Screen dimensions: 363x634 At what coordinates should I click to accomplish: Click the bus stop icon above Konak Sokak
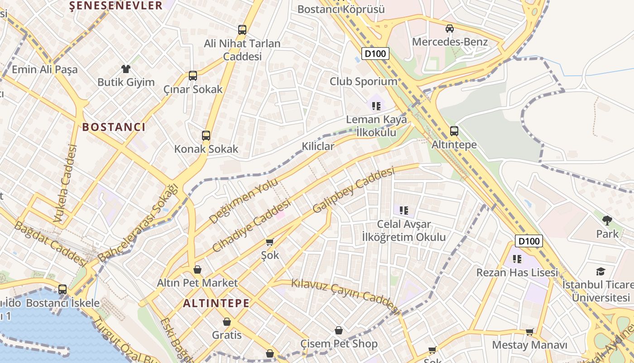pyautogui.click(x=206, y=136)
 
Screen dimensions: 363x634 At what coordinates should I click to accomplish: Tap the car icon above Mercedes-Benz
pyautogui.click(x=449, y=29)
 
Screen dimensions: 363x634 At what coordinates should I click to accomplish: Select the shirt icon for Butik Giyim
pyautogui.click(x=125, y=69)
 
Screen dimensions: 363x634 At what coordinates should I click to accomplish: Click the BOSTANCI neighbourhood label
pyautogui.click(x=114, y=127)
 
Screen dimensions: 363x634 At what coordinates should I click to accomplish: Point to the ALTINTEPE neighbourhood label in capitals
pyautogui.click(x=216, y=304)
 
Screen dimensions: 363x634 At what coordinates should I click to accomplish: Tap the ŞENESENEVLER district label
pyautogui.click(x=116, y=5)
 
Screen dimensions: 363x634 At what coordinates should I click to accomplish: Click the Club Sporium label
pyautogui.click(x=363, y=82)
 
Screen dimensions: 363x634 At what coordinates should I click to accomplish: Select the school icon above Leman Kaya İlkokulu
pyautogui.click(x=376, y=106)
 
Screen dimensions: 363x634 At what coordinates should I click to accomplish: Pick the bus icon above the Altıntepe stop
pyautogui.click(x=454, y=131)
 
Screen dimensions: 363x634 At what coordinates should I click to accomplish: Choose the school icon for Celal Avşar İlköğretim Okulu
pyautogui.click(x=404, y=211)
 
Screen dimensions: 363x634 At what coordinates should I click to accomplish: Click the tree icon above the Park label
pyautogui.click(x=607, y=221)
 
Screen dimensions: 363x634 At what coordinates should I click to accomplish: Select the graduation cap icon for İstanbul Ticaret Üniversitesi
pyautogui.click(x=600, y=271)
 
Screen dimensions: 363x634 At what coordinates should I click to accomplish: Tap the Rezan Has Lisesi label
pyautogui.click(x=517, y=273)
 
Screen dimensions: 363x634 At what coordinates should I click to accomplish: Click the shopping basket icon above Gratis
pyautogui.click(x=227, y=322)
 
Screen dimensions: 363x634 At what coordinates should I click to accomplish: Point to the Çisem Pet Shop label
pyautogui.click(x=339, y=344)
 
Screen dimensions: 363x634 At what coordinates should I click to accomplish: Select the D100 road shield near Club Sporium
pyautogui.click(x=375, y=54)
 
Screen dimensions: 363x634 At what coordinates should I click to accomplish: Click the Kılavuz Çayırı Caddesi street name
pyautogui.click(x=345, y=296)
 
